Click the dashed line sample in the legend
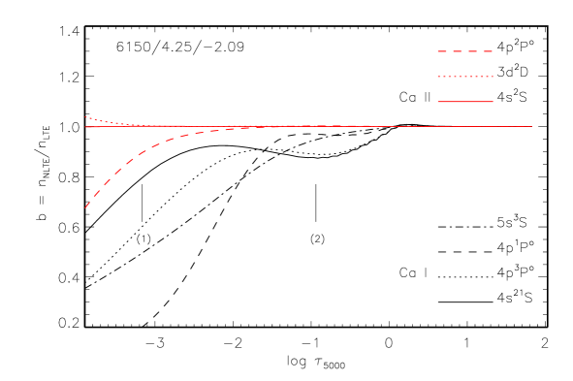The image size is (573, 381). point(465,50)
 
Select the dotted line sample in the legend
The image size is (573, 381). point(465,76)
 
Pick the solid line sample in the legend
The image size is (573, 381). point(465,101)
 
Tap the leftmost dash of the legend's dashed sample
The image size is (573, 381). point(441,50)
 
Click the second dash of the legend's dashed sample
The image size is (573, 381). point(457,50)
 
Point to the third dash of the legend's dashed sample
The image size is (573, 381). point(472,50)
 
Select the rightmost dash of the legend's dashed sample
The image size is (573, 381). point(487,50)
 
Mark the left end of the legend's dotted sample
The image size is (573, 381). point(438,76)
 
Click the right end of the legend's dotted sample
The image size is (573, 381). point(493,76)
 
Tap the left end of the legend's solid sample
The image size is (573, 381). point(438,101)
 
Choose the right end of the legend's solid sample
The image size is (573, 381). point(493,101)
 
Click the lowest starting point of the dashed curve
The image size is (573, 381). point(85,207)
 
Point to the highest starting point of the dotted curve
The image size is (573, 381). point(85,116)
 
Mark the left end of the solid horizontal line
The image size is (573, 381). point(85,126)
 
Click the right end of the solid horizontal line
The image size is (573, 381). point(531,126)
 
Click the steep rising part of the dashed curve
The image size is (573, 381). point(107,180)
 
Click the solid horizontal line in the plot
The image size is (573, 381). point(388,126)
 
